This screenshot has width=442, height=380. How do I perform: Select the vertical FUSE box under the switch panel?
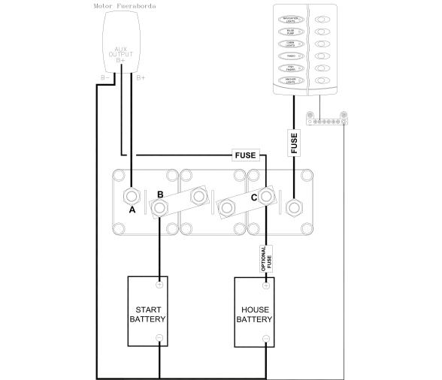294,142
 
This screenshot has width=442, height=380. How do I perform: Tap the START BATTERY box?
153,312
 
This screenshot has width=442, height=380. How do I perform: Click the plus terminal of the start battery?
159,285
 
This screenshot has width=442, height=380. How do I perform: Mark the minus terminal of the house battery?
267,339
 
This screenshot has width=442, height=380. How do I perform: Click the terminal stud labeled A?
132,197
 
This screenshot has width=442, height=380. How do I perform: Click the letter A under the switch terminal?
132,211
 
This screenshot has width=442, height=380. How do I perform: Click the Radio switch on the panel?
292,56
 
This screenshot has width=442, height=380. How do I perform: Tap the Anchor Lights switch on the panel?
292,80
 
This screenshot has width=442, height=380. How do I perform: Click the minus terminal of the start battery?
159,339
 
